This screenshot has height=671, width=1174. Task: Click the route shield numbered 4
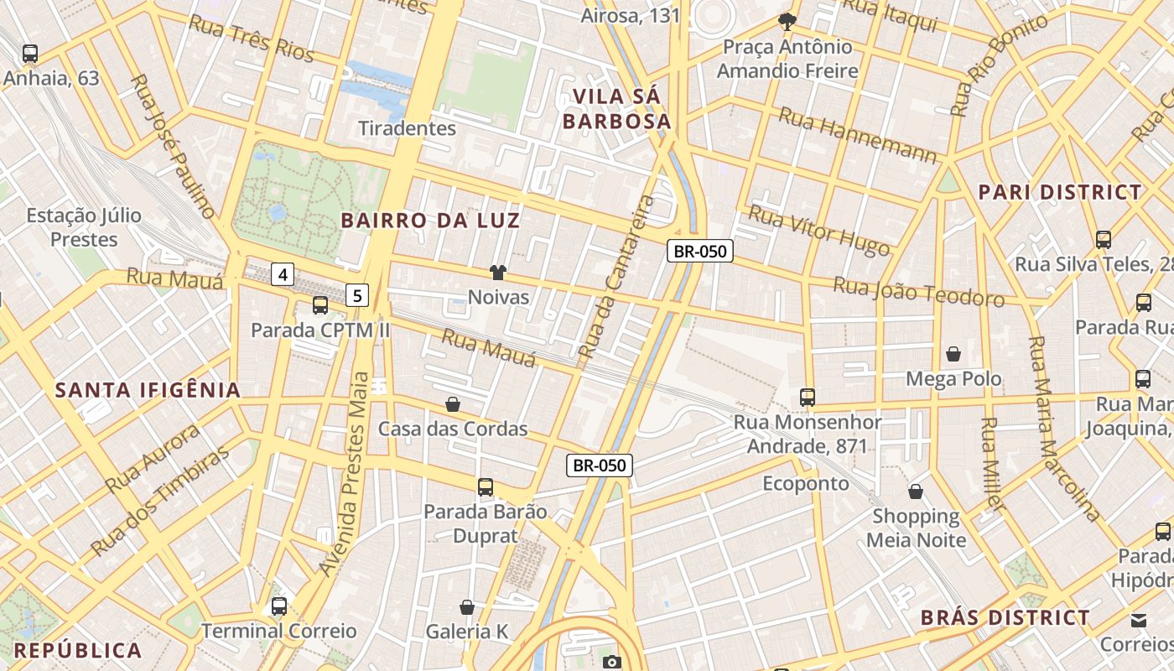(x=283, y=273)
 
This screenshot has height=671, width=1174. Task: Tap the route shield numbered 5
(x=358, y=295)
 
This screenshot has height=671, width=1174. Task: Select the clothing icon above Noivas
(x=498, y=272)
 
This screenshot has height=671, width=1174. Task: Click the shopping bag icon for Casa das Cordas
(x=453, y=404)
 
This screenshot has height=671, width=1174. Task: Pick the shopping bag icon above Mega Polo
(x=953, y=354)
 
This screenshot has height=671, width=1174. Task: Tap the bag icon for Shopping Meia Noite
(x=916, y=491)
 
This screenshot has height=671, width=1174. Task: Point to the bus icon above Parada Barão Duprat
(x=485, y=486)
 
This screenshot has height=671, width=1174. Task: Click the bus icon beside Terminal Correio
(x=279, y=606)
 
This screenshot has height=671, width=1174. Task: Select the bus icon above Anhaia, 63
(x=30, y=54)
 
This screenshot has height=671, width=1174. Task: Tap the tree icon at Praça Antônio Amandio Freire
(x=787, y=21)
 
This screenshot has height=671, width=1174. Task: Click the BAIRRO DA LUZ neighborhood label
(x=431, y=221)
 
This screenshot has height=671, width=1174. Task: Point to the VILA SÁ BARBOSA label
(x=616, y=109)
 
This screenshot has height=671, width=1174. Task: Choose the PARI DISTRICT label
(x=1060, y=192)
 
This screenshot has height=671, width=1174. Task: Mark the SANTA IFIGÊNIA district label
(x=148, y=390)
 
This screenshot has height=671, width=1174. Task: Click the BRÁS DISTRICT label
(x=1005, y=618)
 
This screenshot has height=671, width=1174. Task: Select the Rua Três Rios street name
(x=252, y=39)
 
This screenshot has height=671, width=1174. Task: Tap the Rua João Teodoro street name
(x=918, y=291)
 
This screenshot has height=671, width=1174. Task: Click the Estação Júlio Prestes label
(x=84, y=227)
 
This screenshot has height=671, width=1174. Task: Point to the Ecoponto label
(x=806, y=483)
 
